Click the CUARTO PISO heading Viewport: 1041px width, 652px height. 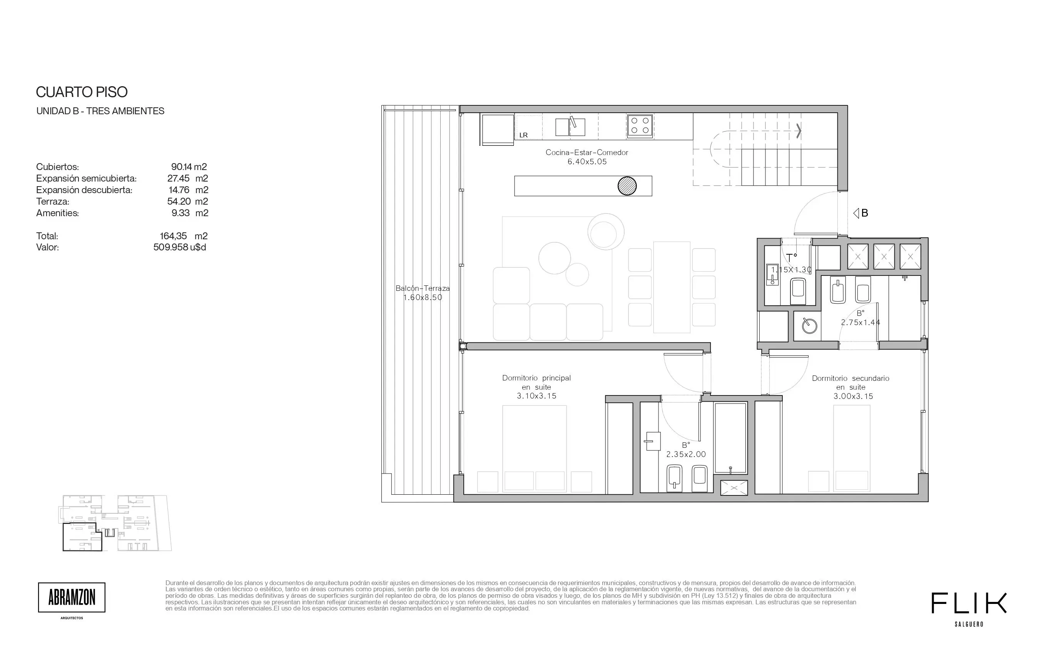coord(82,92)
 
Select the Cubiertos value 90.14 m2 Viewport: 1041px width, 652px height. coord(189,167)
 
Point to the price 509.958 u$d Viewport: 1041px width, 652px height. coord(180,247)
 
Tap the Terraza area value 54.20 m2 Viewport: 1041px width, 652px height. coord(188,202)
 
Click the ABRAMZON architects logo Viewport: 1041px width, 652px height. coord(72,598)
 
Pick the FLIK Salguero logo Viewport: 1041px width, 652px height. coord(969,609)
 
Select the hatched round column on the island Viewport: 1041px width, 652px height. coord(627,186)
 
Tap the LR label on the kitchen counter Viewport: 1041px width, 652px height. coord(523,135)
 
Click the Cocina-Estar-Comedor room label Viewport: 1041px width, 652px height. coord(587,152)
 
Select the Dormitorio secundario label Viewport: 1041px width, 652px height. coord(851,378)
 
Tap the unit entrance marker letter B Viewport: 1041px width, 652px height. coord(865,213)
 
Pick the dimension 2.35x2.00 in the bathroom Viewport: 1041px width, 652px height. coord(686,454)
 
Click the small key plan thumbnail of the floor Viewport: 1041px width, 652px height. coord(115,523)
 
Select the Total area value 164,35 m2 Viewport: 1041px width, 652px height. coord(183,236)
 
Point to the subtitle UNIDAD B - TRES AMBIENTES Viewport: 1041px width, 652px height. coord(100,111)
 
